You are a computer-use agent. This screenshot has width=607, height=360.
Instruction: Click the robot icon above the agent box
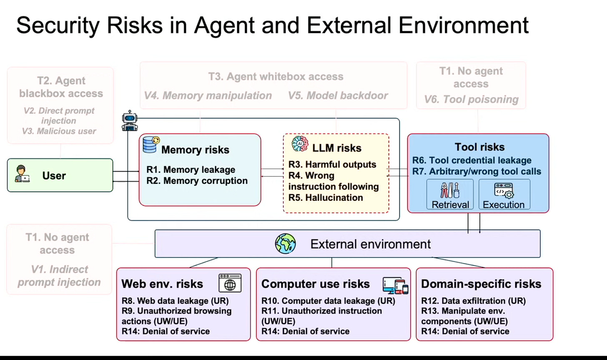130,121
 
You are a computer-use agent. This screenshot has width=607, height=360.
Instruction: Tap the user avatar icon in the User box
21,174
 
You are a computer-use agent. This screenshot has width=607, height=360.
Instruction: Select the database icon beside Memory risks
150,145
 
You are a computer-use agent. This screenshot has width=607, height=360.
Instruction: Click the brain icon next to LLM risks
300,144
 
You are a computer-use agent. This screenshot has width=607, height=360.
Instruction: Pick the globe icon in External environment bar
286,244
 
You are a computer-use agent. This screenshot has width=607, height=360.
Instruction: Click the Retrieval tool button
450,195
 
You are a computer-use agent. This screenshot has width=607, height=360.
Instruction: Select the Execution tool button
504,195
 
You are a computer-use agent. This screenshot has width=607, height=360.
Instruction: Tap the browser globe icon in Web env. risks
230,283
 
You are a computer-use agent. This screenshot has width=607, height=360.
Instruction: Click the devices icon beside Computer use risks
395,285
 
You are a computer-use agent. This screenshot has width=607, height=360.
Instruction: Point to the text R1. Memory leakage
191,170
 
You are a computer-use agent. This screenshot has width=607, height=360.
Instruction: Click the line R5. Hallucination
326,197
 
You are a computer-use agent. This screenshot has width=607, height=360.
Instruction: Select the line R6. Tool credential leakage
472,160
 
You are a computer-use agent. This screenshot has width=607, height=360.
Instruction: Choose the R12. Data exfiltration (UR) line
473,301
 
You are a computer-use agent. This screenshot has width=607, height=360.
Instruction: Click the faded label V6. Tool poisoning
471,100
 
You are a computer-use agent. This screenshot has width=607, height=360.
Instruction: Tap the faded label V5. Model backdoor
338,95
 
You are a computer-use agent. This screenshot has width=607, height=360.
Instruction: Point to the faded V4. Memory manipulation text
208,95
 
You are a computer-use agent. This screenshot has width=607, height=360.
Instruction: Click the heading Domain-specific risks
481,284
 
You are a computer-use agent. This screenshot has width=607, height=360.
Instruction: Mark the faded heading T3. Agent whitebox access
276,77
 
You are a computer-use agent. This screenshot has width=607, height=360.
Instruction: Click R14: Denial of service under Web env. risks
166,331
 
